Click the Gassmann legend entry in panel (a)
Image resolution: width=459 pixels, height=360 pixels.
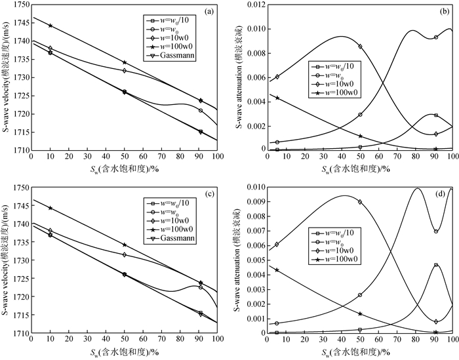(169, 55)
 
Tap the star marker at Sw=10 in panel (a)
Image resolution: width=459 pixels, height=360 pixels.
(50, 26)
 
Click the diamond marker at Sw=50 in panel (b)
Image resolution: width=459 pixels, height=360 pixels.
(360, 47)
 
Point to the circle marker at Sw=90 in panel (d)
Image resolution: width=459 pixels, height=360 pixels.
(436, 231)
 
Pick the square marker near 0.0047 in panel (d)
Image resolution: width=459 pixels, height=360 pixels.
(436, 265)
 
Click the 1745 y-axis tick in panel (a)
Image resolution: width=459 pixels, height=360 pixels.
(22, 23)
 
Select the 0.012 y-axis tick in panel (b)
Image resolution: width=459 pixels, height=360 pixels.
(256, 5)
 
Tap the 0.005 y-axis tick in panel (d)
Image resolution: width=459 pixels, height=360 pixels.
(256, 260)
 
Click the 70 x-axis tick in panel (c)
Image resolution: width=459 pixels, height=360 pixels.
(161, 338)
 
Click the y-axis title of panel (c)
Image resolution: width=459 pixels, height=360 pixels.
(5, 259)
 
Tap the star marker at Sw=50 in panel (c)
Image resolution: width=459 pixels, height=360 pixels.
(125, 245)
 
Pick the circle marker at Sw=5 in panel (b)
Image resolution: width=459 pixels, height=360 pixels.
(277, 142)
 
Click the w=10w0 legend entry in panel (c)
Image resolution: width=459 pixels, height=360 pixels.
(169, 220)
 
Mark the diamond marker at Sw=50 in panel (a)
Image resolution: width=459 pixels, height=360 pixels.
(125, 71)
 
